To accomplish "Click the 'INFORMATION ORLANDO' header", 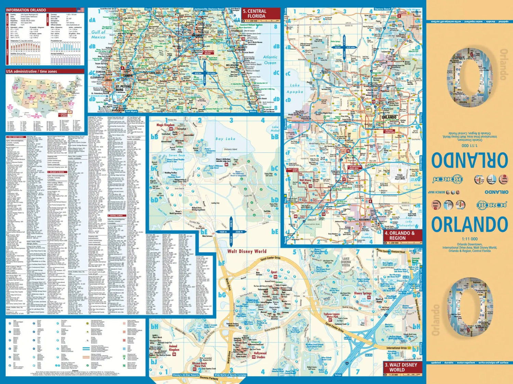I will [26, 10].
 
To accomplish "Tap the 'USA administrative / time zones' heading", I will [31, 72].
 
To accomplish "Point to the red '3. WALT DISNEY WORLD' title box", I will [400, 367].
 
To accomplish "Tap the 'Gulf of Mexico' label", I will [98, 34].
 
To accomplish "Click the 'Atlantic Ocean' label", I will [270, 60].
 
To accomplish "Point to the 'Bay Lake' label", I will [225, 139].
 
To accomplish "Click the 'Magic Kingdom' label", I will [166, 125].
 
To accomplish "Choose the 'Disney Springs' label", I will [363, 293].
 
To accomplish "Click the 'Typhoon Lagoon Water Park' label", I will [331, 315].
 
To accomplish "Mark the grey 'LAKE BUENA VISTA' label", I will [346, 261].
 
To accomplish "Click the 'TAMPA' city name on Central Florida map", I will [128, 75].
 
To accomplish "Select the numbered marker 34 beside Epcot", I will [275, 277].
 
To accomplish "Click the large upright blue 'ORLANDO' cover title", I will [469, 225].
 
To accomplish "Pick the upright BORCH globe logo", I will [492, 205].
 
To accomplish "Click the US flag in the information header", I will [80, 10].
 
